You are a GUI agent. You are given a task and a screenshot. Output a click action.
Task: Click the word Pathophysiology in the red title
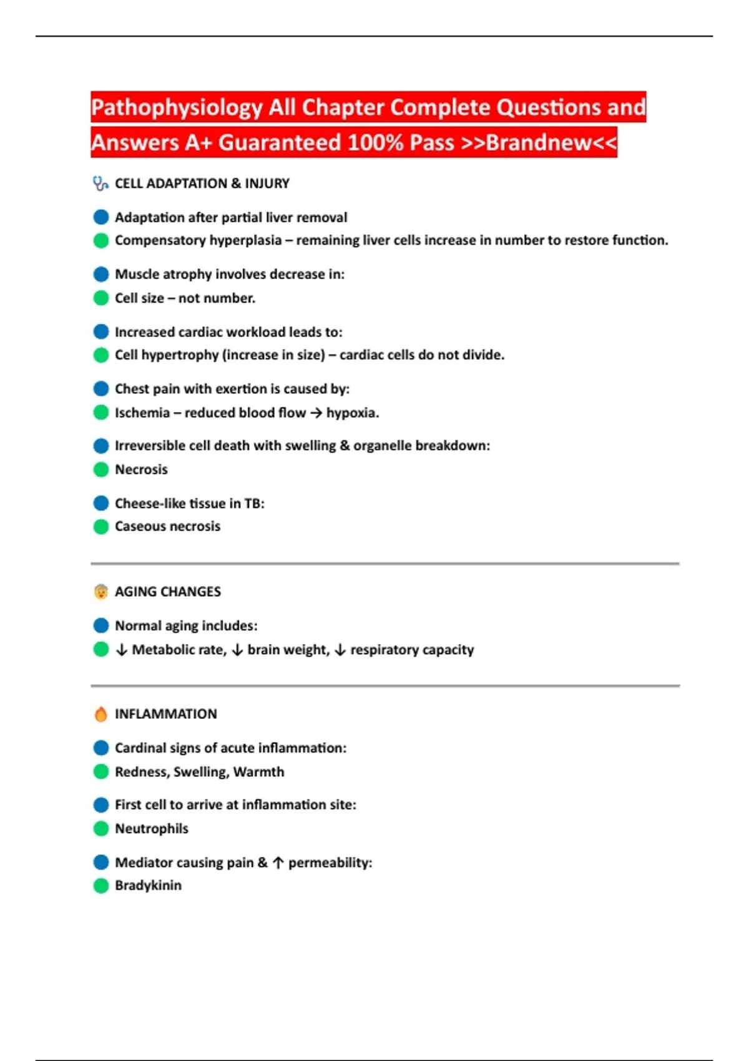click(x=177, y=108)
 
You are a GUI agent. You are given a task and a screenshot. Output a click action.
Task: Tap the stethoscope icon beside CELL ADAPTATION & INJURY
click(x=100, y=183)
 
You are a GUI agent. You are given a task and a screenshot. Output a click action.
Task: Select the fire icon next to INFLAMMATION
click(x=100, y=714)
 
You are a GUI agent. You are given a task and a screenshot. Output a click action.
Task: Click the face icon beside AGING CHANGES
click(x=100, y=592)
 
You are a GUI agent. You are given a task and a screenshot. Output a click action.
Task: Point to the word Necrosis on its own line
click(x=141, y=469)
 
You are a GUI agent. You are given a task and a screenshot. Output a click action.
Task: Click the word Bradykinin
click(x=148, y=886)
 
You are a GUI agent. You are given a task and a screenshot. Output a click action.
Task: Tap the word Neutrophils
click(x=151, y=829)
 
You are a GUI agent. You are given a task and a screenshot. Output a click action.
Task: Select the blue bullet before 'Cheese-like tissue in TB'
click(x=101, y=503)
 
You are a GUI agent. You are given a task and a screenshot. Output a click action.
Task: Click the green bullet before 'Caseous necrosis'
click(x=101, y=527)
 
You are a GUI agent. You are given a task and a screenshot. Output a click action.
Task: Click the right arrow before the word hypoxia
click(x=316, y=413)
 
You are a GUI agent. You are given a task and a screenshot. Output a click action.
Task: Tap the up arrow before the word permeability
click(x=278, y=863)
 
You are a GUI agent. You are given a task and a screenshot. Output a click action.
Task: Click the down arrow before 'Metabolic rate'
click(x=122, y=650)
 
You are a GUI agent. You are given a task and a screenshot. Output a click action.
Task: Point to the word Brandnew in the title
click(x=538, y=143)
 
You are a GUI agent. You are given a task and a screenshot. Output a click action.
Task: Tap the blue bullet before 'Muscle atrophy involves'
click(x=101, y=274)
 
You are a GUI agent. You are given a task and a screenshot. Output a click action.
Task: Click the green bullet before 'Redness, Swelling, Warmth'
click(x=101, y=772)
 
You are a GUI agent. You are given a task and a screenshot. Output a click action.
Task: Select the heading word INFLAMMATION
click(x=165, y=714)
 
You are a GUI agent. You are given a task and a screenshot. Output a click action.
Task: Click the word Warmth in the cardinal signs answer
click(x=258, y=772)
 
